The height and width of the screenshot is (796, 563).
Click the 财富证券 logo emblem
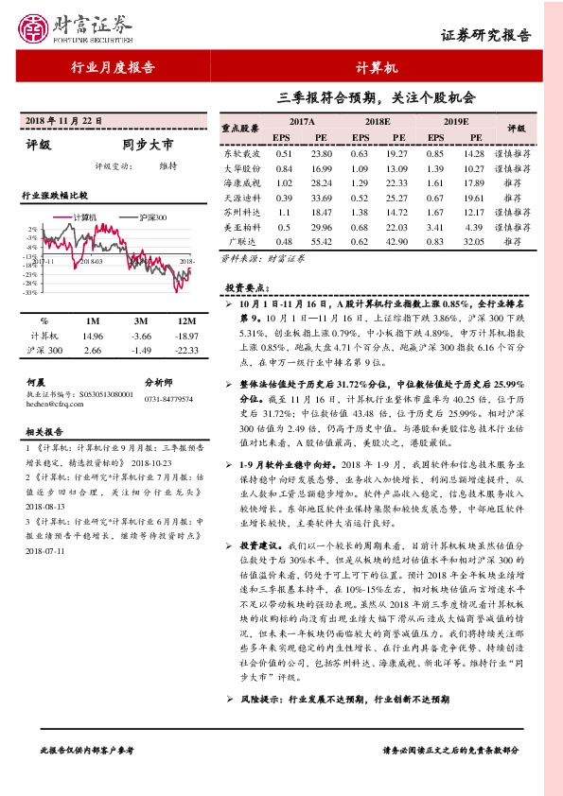coord(35,30)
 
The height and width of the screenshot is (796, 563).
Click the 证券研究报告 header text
coord(486,35)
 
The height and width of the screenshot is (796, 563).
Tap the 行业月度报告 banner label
coord(113,67)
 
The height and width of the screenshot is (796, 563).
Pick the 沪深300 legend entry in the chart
coord(150,216)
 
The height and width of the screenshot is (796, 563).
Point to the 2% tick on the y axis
coord(32,229)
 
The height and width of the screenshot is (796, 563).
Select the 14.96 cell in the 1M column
coord(93,336)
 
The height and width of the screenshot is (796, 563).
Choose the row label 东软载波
coord(240,152)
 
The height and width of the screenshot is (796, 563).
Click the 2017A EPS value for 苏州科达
coord(283,215)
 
